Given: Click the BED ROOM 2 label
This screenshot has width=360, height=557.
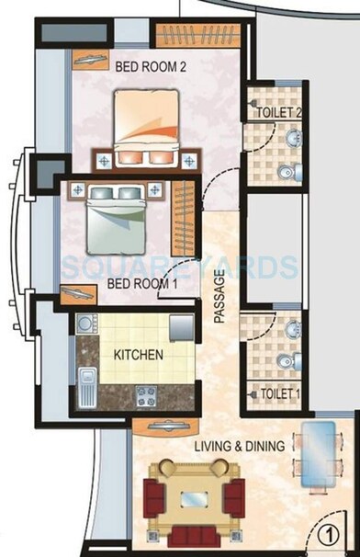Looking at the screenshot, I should [151, 66].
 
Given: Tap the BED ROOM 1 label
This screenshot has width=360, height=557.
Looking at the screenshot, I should [142, 284].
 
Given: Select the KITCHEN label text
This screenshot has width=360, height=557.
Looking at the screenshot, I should [139, 354].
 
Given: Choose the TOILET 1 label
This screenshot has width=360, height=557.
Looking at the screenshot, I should [280, 392].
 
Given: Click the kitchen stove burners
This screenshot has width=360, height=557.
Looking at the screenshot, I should [145, 397].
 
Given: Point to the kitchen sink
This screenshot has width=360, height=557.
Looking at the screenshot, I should [89, 387].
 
